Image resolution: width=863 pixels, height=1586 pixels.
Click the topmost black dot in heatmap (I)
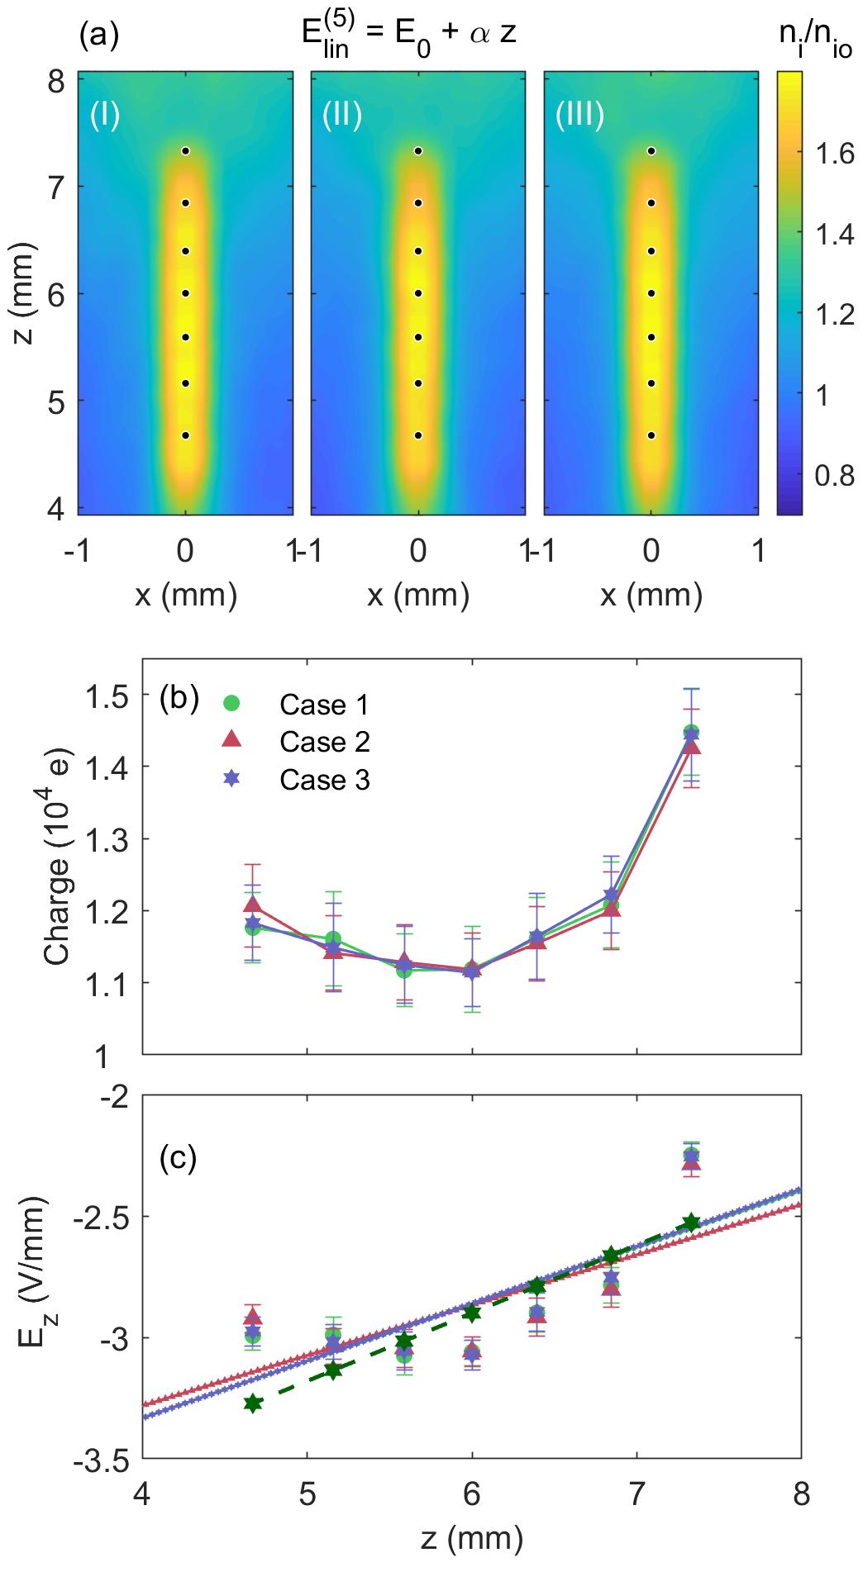point(186,151)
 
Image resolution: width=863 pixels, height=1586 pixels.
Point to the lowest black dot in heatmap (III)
point(651,435)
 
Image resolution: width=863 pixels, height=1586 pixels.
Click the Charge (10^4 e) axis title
point(58,856)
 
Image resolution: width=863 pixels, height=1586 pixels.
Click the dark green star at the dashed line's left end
point(254,1403)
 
